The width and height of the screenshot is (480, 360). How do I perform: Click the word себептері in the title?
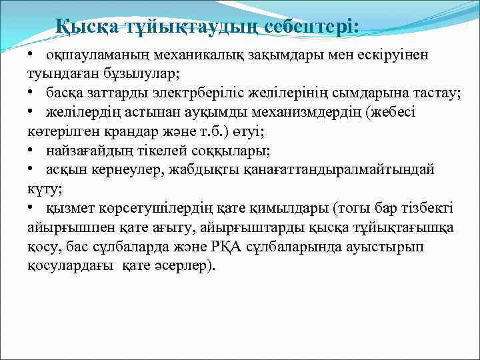click(311, 27)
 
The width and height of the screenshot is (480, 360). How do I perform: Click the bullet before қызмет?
click(31, 209)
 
